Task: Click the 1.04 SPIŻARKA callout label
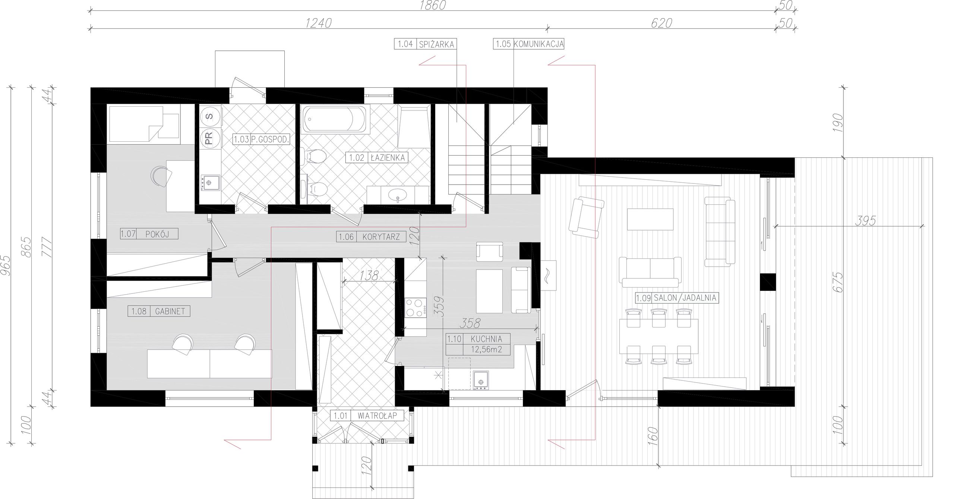pos(426,44)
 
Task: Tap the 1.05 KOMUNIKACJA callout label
pos(529,44)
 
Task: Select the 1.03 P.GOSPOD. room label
pos(261,139)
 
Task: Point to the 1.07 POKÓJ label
pos(149,234)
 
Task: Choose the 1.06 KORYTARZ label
pos(371,236)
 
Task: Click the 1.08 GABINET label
pos(159,311)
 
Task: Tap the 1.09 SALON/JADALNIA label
pos(676,298)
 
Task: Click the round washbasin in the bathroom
pos(398,194)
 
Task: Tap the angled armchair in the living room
pos(586,218)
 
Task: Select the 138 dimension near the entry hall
pos(369,276)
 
